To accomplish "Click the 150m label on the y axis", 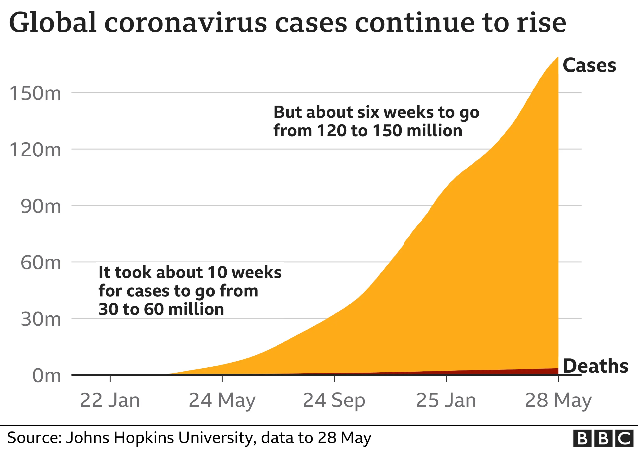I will (x=35, y=93).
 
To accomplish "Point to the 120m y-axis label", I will (x=35, y=150).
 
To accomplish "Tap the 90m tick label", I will (x=41, y=207).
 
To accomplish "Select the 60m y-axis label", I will (x=41, y=263).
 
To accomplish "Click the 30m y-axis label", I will (x=41, y=319).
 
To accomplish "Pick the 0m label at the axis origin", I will (x=46, y=376).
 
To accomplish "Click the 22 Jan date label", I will (x=110, y=401).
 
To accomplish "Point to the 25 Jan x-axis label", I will (x=446, y=401).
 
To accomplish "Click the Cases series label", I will (x=589, y=66).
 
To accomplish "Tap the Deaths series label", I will (x=595, y=366).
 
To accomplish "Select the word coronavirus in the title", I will (x=185, y=23).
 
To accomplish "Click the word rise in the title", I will (x=541, y=23).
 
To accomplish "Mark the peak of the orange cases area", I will (x=558, y=57).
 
